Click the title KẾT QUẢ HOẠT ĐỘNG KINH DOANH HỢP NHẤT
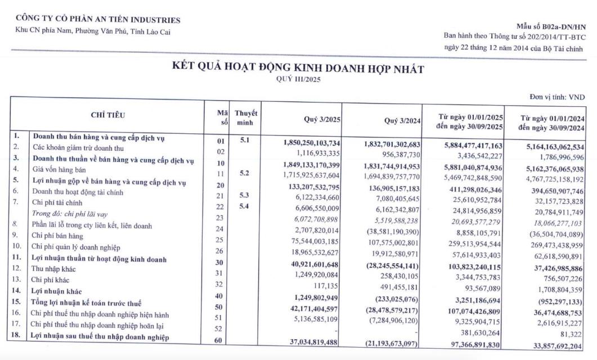tap(298, 69)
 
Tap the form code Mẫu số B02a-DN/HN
tap(550, 27)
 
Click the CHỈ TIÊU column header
tap(108, 115)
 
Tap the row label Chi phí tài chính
tap(56, 202)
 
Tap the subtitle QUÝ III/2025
tap(298, 80)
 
